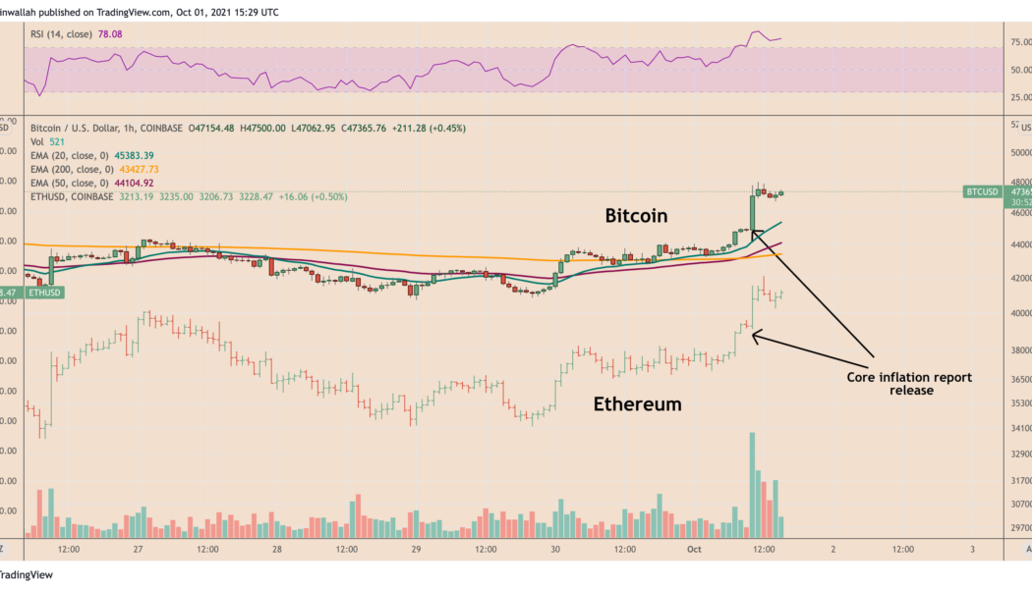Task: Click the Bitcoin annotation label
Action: coord(636,215)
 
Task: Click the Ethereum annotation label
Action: coord(637,402)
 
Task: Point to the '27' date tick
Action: coord(140,548)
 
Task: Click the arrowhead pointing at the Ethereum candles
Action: coord(755,336)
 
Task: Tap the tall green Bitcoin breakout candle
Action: coord(751,211)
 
